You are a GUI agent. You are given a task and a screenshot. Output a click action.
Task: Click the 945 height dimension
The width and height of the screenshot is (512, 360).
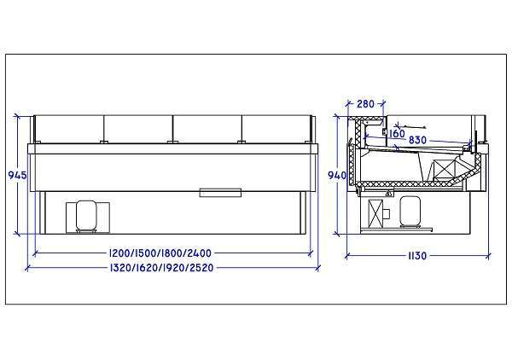pyautogui.click(x=17, y=175)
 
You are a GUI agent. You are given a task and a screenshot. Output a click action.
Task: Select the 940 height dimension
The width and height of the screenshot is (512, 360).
pyautogui.click(x=337, y=176)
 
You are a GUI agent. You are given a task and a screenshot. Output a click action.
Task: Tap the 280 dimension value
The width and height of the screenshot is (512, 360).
pyautogui.click(x=365, y=104)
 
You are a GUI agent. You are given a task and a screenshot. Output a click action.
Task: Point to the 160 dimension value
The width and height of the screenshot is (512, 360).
pyautogui.click(x=397, y=134)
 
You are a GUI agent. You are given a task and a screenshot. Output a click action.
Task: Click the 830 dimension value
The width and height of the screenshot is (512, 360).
pyautogui.click(x=417, y=140)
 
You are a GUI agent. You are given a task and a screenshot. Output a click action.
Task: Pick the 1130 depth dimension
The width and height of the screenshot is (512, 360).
pyautogui.click(x=417, y=256)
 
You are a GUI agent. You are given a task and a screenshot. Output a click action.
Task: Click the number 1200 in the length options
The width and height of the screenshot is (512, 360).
pyautogui.click(x=119, y=253)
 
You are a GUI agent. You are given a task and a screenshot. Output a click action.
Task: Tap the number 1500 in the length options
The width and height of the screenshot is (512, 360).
pyautogui.click(x=146, y=253)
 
